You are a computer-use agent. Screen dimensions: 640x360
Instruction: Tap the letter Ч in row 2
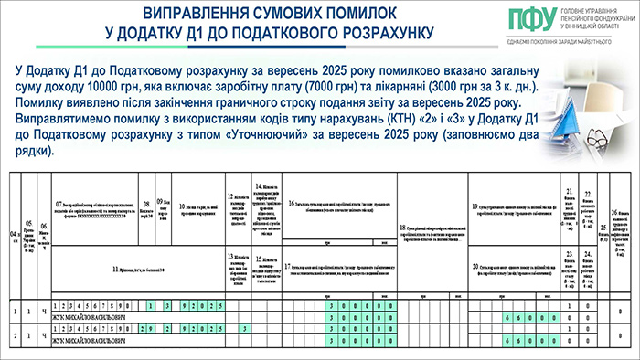43,334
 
